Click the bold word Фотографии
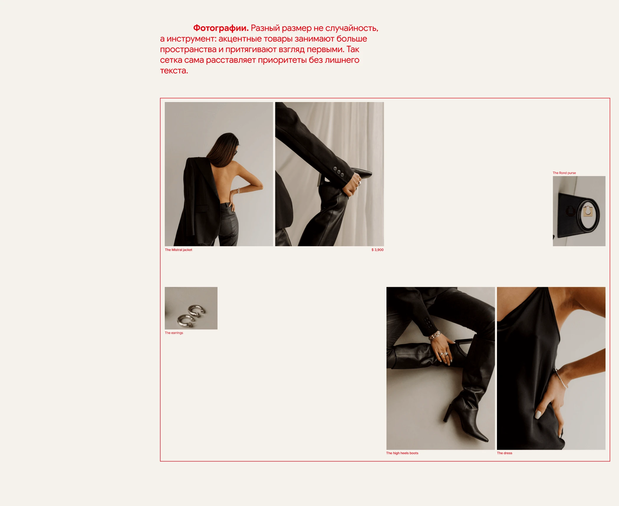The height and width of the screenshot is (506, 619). point(221,28)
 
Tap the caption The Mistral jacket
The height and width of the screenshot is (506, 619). point(178,250)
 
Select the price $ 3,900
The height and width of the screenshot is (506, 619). point(377,250)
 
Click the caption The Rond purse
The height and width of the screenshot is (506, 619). point(564,173)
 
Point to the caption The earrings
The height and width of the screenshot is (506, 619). point(174,333)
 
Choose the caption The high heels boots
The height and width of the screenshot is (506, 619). point(402,453)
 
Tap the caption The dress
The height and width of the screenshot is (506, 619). point(504,453)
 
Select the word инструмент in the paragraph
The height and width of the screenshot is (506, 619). point(191,39)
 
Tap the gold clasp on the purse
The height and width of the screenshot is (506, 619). point(588,211)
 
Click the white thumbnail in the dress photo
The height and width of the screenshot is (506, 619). point(538,414)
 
